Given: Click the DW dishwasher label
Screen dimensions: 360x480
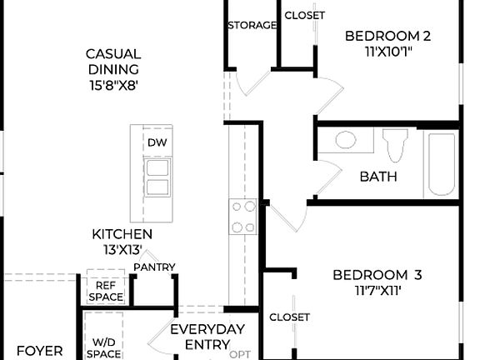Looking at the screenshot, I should coord(157,142).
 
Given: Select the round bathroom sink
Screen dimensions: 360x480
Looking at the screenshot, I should coord(345,139).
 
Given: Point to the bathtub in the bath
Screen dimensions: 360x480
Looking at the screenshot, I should coord(440,164).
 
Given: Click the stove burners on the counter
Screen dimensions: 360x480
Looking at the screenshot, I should coord(244,217).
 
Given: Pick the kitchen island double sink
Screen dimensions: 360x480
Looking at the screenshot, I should coord(157,177).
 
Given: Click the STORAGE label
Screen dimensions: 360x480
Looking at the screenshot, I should coord(252,25).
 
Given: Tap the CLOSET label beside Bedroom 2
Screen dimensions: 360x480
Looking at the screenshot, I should coord(305,15).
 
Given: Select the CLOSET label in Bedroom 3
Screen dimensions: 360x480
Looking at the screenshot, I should coord(289,317).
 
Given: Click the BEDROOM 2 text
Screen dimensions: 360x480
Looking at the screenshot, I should coord(387,36).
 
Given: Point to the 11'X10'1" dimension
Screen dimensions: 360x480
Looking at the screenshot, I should coord(387,51).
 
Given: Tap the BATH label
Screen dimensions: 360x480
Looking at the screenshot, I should coord(378,177).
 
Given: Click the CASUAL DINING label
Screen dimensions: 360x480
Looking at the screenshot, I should coord(113,62).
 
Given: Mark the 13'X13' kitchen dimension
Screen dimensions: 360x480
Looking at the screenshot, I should coord(122,249).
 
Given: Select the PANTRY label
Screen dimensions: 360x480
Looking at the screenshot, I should coord(155,267).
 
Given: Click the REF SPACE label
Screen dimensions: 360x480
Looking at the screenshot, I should coord(105,291).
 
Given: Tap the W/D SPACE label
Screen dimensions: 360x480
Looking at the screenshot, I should coord(105,347).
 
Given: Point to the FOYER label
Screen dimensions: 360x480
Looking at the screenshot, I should coord(40,351).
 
